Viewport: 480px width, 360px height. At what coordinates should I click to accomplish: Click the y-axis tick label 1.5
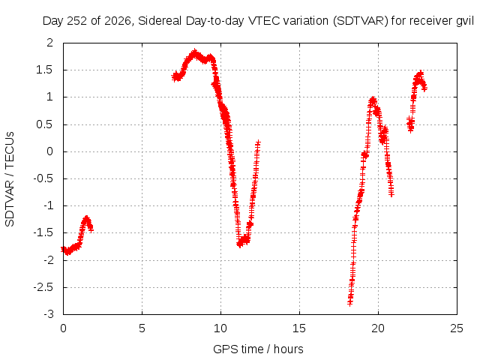click(x=45, y=70)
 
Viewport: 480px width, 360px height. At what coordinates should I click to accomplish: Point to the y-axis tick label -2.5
click(x=43, y=287)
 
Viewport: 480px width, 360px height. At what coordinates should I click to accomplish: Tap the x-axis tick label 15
click(x=299, y=328)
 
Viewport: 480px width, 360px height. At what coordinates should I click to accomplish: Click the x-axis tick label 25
click(x=457, y=328)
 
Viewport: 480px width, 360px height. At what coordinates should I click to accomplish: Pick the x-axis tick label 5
click(x=142, y=328)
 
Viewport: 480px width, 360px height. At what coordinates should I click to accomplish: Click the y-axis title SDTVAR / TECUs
click(x=10, y=179)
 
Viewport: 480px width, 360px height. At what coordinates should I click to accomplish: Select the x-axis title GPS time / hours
click(x=258, y=349)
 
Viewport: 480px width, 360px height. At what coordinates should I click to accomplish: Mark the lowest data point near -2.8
click(x=350, y=303)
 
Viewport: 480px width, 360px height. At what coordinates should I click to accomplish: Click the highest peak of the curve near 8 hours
click(x=194, y=52)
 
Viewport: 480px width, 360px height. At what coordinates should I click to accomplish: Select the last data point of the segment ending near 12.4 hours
click(x=258, y=142)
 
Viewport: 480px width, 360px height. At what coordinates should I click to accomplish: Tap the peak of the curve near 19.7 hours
click(x=373, y=100)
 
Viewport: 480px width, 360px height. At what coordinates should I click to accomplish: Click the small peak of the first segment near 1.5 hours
click(x=87, y=218)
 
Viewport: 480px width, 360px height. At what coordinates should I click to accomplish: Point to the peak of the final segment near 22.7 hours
click(x=421, y=73)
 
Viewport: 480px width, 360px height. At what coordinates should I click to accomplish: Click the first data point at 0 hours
click(x=63, y=249)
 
